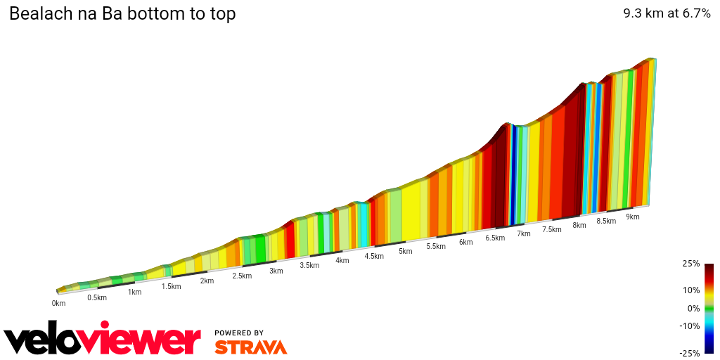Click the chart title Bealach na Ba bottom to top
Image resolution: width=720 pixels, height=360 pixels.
point(122,14)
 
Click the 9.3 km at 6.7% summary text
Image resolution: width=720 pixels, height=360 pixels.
point(667,13)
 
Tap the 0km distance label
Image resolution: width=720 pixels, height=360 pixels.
point(58,304)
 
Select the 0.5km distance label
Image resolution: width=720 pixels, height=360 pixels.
point(97,297)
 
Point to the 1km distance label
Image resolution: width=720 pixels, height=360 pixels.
point(134,292)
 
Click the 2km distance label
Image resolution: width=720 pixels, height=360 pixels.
point(207,281)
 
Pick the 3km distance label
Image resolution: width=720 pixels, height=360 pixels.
point(276,271)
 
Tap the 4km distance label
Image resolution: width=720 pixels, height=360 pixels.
point(342,261)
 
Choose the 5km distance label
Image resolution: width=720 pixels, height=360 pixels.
point(405,251)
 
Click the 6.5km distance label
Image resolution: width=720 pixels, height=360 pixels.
point(495,238)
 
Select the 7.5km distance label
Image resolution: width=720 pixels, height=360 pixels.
point(552,229)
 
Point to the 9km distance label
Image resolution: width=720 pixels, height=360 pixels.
point(633,217)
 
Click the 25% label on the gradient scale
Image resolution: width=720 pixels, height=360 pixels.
point(691,264)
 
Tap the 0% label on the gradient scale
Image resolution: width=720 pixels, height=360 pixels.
point(693,308)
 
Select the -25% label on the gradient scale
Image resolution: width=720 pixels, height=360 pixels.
point(690,353)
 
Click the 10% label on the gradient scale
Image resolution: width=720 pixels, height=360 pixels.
point(691,290)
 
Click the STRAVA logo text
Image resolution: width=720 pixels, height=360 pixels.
point(250,347)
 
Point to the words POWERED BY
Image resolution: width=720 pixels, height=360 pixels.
point(239,333)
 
